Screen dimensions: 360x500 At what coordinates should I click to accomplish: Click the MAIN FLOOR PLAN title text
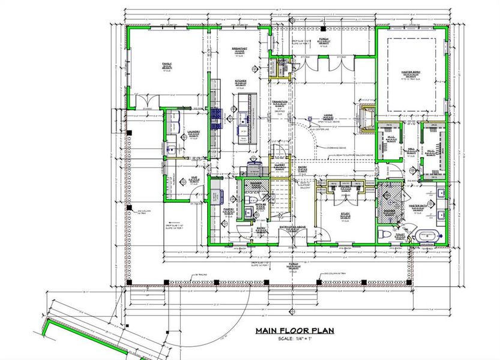click(294, 331)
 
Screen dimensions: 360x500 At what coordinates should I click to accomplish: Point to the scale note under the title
click(294, 339)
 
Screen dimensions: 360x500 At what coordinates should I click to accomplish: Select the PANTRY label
click(228, 209)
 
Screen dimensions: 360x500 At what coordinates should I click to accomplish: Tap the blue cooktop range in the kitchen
click(217, 117)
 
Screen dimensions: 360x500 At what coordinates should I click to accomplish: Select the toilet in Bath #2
click(253, 199)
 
